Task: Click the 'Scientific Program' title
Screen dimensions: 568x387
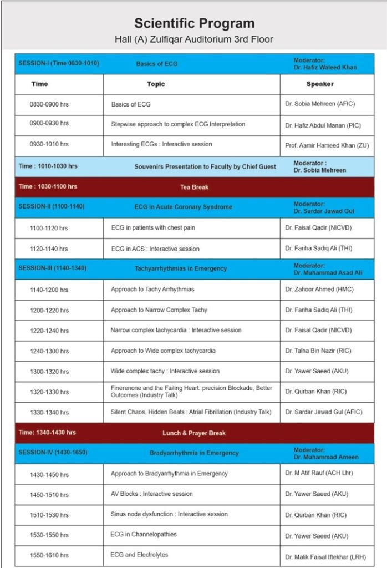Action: (194, 23)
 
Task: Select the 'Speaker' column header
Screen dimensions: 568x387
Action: (320, 84)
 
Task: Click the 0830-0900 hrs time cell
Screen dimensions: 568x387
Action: (49, 104)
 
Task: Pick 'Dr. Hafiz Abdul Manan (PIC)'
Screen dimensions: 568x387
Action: (323, 125)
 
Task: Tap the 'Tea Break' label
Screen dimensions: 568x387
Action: (193, 187)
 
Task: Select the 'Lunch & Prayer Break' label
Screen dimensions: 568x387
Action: (193, 433)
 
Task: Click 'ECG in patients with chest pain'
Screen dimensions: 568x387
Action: (153, 227)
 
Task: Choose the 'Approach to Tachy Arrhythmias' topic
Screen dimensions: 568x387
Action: (152, 289)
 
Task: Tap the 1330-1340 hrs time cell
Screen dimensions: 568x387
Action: (49, 413)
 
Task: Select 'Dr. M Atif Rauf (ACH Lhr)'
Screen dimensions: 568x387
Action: (319, 473)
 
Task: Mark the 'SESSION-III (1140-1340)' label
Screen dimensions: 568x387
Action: (53, 268)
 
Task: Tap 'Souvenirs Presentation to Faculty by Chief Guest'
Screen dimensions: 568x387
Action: (205, 166)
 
